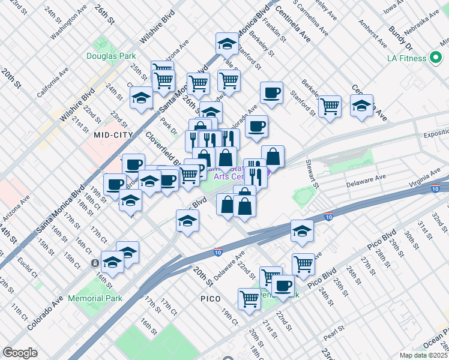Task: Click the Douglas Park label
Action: pos(111,56)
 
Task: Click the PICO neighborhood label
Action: pos(210,298)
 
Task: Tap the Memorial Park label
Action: pos(95,298)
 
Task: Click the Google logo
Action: pos(20,353)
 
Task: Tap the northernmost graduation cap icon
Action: pos(228,44)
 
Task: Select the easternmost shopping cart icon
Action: pos(330,106)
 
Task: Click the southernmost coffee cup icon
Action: pos(283,286)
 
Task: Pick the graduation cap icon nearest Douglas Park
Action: pos(141,98)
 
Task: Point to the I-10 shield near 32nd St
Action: pos(435,188)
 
